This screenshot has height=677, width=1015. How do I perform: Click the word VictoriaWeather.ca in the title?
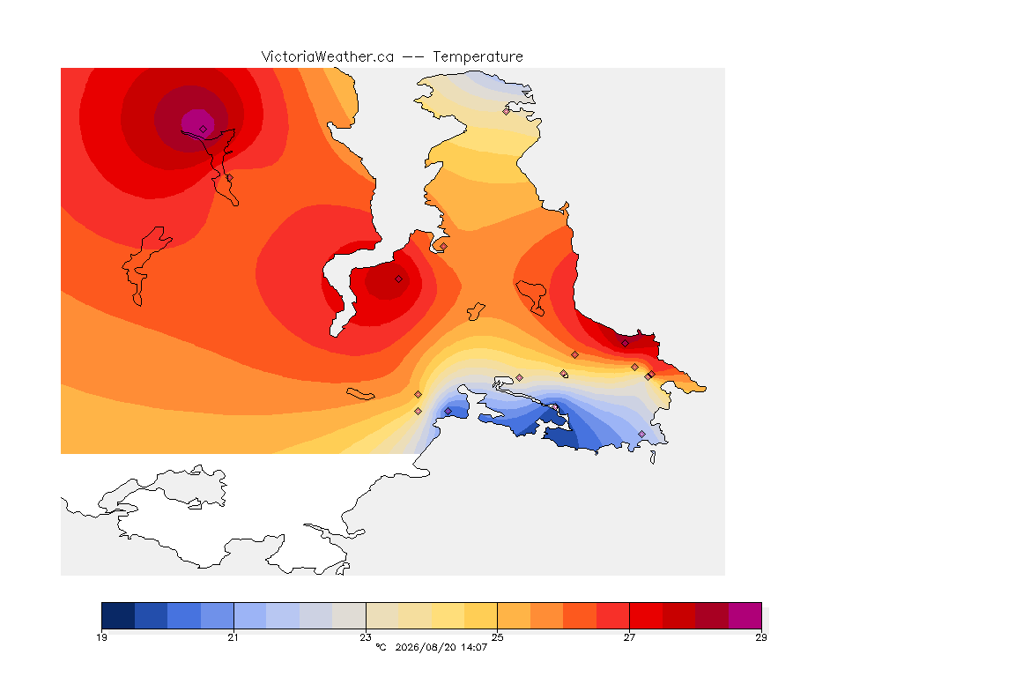328,57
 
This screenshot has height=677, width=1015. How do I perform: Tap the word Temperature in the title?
478,57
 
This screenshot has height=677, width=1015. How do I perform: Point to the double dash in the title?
413,57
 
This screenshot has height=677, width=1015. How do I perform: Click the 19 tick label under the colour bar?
101,637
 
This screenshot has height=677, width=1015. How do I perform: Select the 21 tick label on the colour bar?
233,637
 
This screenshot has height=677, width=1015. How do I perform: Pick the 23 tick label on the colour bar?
366,637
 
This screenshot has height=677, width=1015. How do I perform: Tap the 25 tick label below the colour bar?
497,637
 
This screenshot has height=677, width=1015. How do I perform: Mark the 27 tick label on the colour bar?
629,637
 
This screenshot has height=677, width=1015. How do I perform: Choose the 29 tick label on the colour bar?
761,637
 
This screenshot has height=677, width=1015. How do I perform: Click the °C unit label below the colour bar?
381,647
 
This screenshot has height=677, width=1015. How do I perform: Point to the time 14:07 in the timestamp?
474,647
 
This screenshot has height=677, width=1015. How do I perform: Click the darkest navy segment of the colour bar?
118,615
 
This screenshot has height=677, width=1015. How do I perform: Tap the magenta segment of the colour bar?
745,615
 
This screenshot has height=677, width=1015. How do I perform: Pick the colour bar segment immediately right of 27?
646,615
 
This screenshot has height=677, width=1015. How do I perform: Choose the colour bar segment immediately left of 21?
217,615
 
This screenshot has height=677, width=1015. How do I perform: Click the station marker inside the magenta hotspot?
204,130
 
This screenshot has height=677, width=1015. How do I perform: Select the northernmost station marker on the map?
507,111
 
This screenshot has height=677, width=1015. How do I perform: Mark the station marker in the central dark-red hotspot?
399,279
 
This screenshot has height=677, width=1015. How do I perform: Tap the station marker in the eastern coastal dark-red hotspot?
626,344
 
